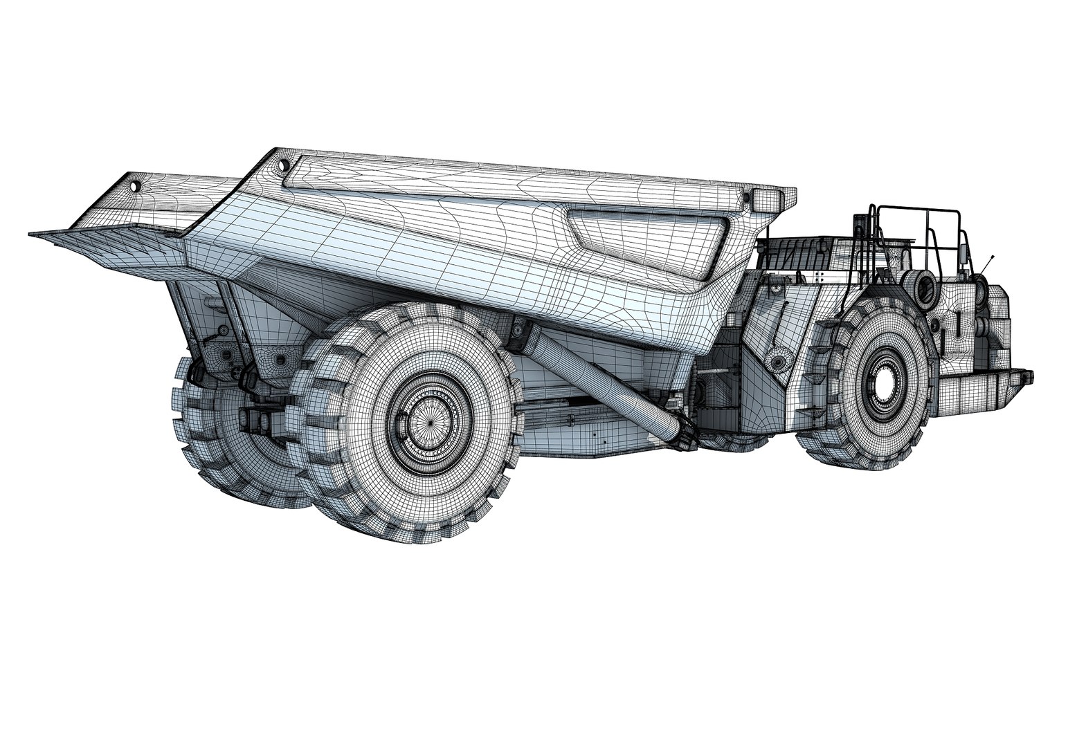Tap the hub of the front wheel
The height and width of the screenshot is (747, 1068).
coord(884,382)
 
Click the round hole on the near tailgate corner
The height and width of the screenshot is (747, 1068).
coord(283,165)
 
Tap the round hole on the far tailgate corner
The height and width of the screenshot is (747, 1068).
coord(135,186)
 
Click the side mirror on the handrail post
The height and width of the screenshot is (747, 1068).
coord(962,256)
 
